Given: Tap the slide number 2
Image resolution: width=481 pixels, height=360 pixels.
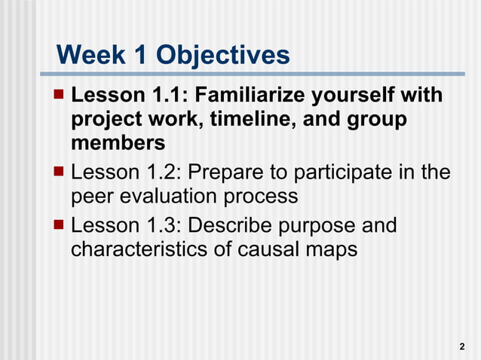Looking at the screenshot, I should pos(461,346).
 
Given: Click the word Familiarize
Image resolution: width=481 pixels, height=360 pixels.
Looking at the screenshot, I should pos(261,96).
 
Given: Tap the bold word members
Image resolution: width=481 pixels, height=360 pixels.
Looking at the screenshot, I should pos(118,143).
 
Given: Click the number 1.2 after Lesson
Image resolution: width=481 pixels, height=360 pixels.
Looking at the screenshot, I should pos(160,173).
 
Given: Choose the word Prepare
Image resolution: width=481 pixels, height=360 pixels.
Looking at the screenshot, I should pos(225,173).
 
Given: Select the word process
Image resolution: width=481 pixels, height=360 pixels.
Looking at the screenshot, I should pos(260,197).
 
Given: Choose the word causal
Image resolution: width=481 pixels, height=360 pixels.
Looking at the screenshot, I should pos(262,249).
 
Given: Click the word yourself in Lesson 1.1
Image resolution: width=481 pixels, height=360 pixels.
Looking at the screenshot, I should pos(369,96).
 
